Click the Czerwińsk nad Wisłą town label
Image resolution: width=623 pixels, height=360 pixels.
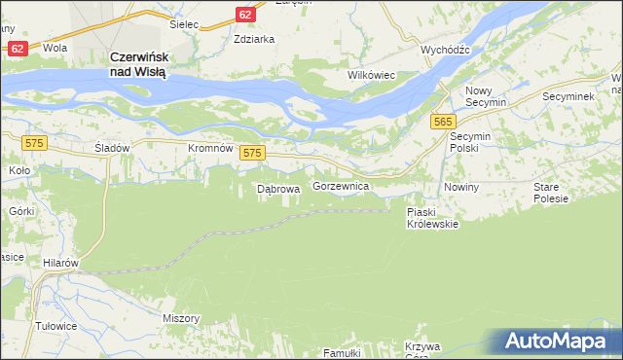click(x=140, y=65)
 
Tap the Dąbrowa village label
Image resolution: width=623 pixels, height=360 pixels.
click(x=276, y=189)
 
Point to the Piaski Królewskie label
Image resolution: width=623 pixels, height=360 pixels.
click(x=432, y=217)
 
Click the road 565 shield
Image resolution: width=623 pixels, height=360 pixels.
click(x=444, y=121)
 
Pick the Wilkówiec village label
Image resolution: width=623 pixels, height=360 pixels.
click(x=371, y=74)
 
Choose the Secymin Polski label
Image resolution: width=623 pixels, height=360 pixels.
click(x=473, y=143)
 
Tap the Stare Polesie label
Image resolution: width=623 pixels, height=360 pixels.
click(x=551, y=192)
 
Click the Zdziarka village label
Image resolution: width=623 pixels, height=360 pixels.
click(x=254, y=40)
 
